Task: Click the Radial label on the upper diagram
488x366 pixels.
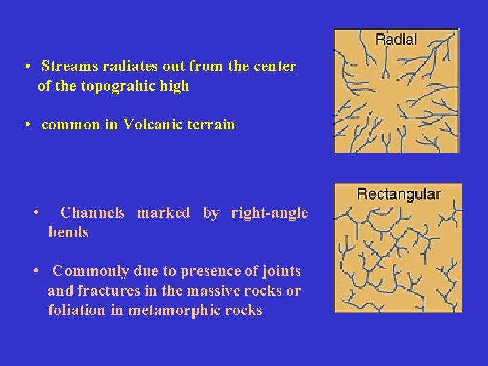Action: [x=396, y=39]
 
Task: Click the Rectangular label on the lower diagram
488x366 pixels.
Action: [x=399, y=194]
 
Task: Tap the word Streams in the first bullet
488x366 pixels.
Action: [x=65, y=67]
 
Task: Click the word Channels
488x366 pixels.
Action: [x=92, y=213]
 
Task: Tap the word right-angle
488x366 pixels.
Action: [x=269, y=213]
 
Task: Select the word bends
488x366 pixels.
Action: [x=68, y=232]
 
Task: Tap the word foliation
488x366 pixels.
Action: [x=77, y=311]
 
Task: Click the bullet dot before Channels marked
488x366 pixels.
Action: [x=35, y=213]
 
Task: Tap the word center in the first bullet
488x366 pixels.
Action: [x=274, y=67]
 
